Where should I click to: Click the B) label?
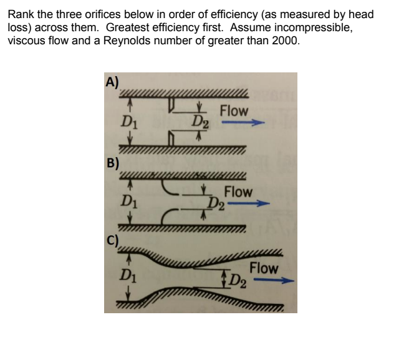pyautogui.click(x=113, y=164)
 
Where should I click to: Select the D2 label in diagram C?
pyautogui.click(x=238, y=279)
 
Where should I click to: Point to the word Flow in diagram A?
pyautogui.click(x=234, y=110)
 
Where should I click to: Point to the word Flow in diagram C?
pyautogui.click(x=264, y=268)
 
